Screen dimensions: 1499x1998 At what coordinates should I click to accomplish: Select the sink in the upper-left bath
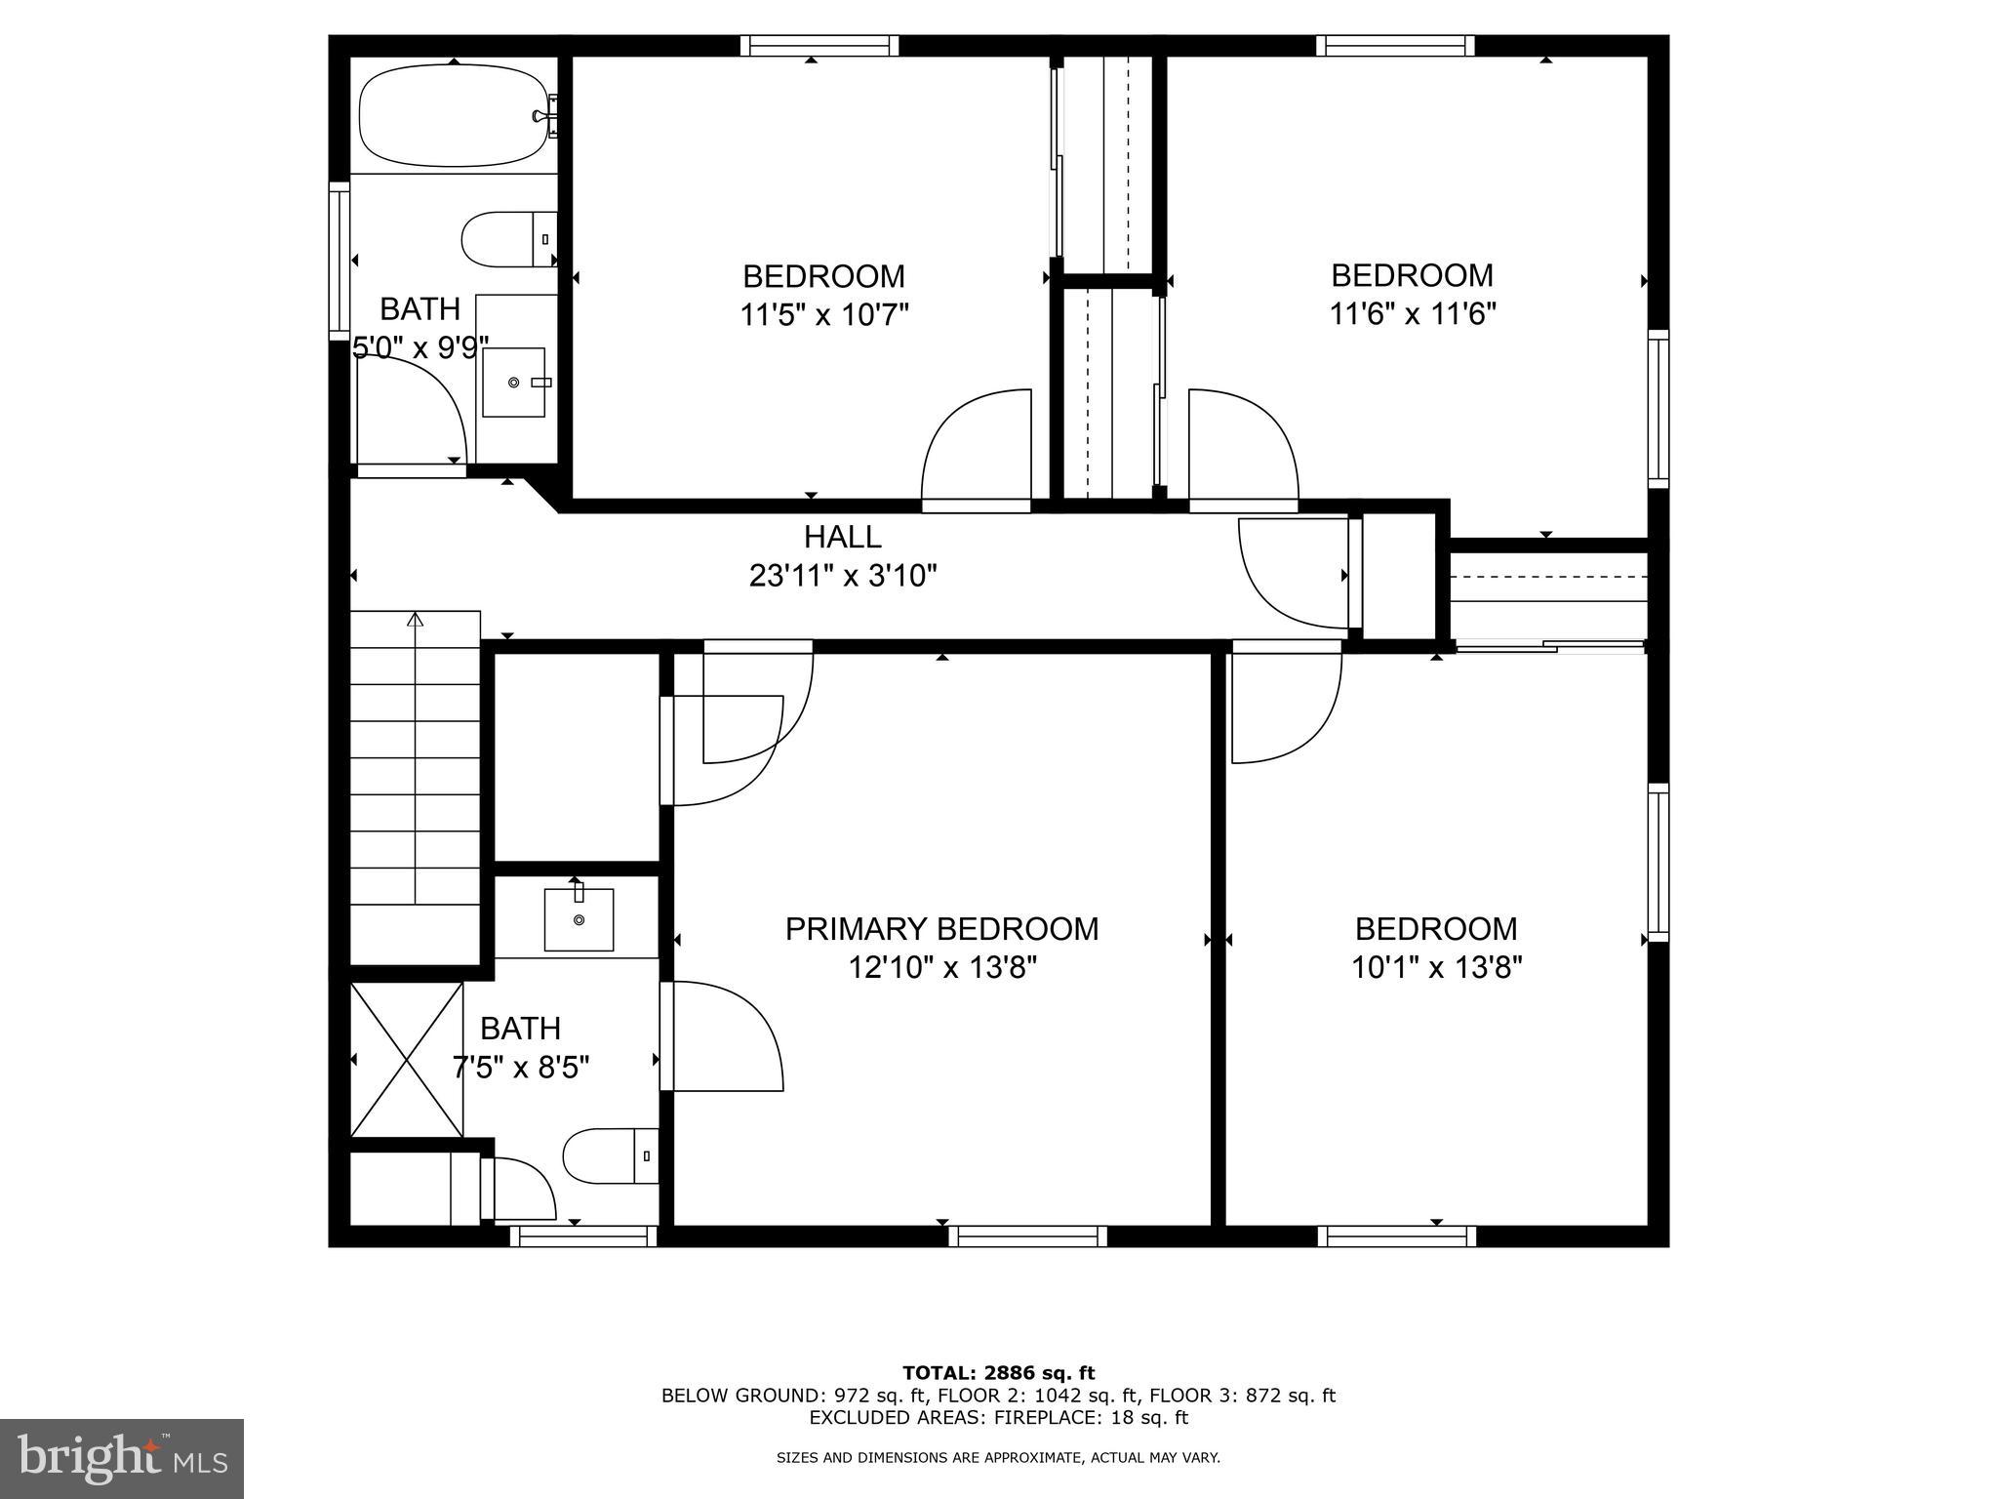coord(514,382)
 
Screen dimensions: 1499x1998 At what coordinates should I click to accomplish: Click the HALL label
coord(842,537)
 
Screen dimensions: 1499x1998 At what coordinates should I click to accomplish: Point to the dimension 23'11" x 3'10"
coord(842,576)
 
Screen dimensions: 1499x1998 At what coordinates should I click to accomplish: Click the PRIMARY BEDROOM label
coord(941,929)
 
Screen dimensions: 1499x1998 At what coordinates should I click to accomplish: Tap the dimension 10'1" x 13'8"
coord(1436,968)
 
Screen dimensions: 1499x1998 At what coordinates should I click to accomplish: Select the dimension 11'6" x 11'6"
coord(1412,314)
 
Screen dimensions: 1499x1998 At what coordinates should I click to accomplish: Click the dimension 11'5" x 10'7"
coord(823,315)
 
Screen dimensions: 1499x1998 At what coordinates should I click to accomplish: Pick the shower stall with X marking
coord(406,1060)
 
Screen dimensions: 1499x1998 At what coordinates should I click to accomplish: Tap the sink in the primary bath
coord(579,919)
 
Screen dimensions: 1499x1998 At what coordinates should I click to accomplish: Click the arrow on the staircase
coord(416,621)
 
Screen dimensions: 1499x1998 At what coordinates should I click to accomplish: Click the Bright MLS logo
coord(121,1458)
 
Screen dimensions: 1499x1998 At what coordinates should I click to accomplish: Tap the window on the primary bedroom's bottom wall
coord(1027,1236)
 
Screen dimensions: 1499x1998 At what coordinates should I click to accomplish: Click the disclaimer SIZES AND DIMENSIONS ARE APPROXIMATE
coord(998,1458)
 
